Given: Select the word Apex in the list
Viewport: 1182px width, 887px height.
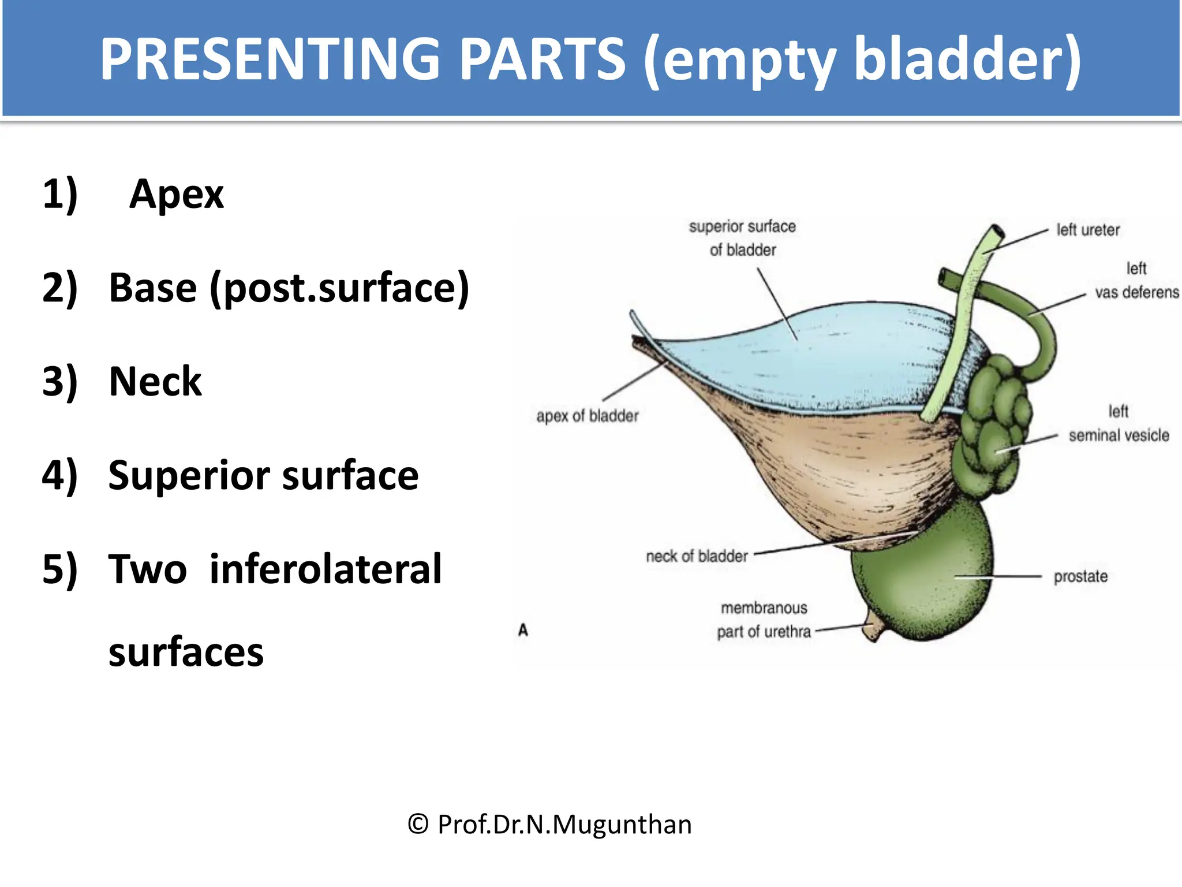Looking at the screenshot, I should pyautogui.click(x=177, y=194).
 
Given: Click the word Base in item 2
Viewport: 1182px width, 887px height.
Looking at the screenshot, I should pyautogui.click(x=153, y=288).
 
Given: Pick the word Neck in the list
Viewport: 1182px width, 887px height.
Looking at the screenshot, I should pyautogui.click(x=155, y=382).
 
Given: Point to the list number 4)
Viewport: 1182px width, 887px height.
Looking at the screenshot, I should pyautogui.click(x=60, y=475).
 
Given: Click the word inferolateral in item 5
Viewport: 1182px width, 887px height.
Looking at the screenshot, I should pyautogui.click(x=326, y=569).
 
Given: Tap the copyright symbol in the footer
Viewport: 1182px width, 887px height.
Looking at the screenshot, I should pyautogui.click(x=418, y=824).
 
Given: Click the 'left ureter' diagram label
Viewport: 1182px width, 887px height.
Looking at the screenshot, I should pyautogui.click(x=1088, y=230).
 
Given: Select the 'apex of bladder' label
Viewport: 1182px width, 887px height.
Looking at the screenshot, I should pyautogui.click(x=588, y=416).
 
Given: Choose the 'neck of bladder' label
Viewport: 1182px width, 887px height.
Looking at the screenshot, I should pyautogui.click(x=697, y=556).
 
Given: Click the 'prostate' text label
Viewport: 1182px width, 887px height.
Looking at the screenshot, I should pyautogui.click(x=1080, y=576).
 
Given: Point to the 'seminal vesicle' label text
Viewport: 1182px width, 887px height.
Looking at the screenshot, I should pyautogui.click(x=1119, y=435).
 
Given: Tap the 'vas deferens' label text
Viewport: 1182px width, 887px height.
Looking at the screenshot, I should pyautogui.click(x=1136, y=292).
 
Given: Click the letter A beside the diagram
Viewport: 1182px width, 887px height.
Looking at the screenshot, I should pyautogui.click(x=523, y=630).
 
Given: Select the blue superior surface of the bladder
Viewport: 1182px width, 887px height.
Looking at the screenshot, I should pyautogui.click(x=820, y=358).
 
